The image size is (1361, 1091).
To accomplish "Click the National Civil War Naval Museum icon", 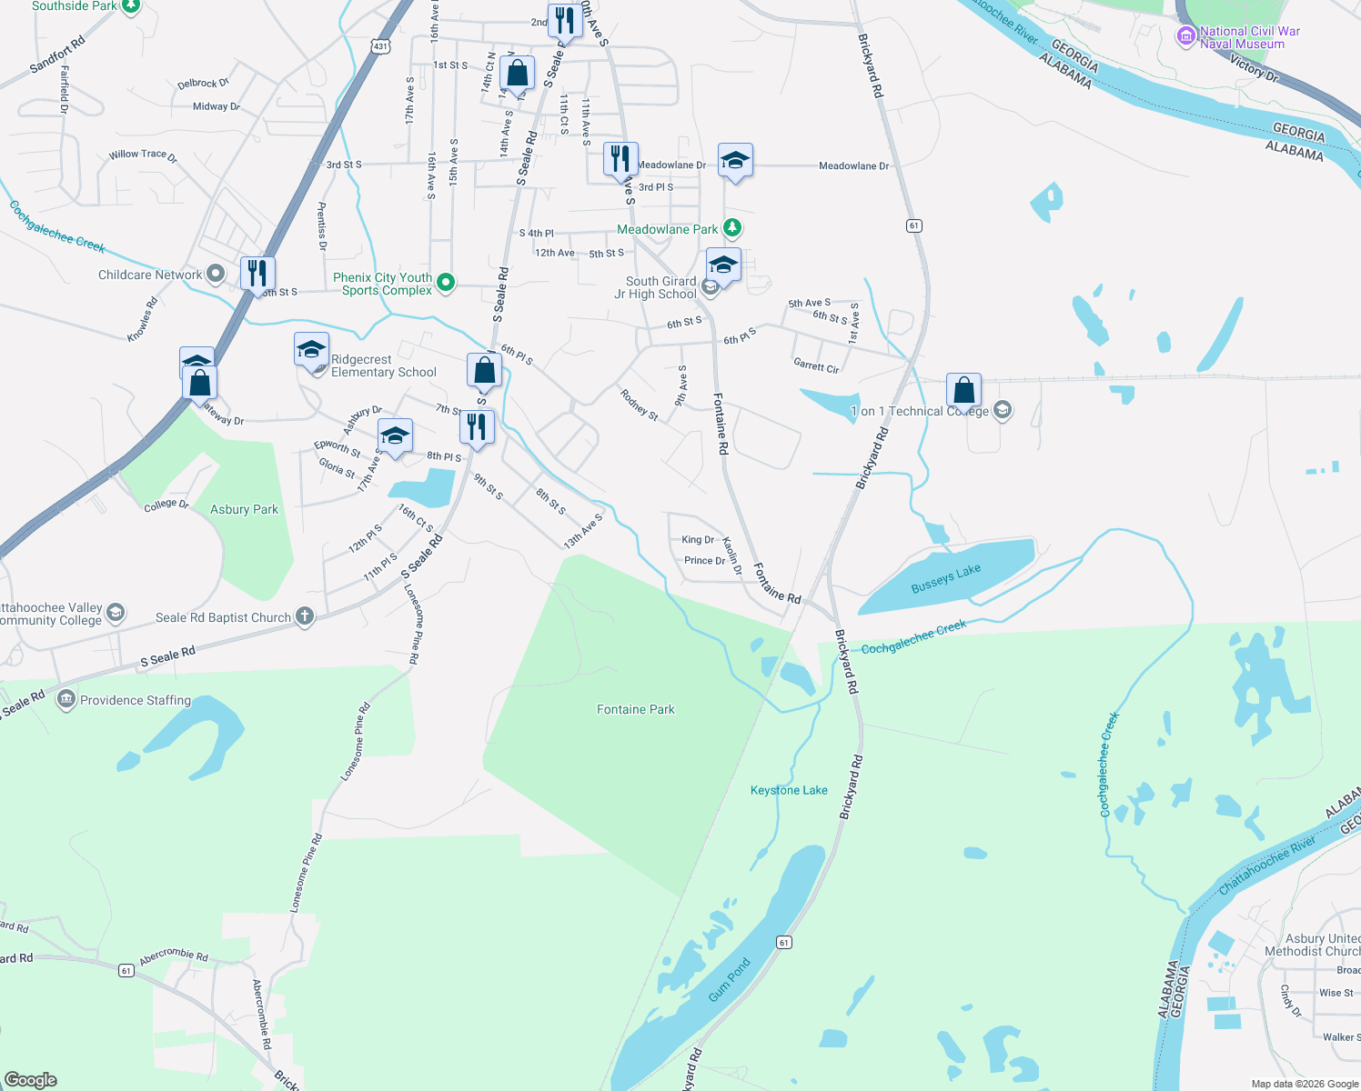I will tap(1185, 36).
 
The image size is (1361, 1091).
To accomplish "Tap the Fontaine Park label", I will tap(635, 709).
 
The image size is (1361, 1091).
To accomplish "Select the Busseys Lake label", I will tap(946, 578).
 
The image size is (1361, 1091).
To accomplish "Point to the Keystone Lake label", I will tap(789, 790).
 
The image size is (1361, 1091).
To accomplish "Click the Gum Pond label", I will tap(730, 979).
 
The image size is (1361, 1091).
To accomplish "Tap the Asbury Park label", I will tap(244, 509).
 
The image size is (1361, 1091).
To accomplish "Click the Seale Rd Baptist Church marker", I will tap(305, 617).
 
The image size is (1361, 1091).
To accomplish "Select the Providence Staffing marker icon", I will tap(66, 699).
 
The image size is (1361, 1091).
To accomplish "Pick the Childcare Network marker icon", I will tap(215, 274).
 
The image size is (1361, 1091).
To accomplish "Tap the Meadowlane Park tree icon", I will tap(732, 228).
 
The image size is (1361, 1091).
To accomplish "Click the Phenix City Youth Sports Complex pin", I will tap(446, 283).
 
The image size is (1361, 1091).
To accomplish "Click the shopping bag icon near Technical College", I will tap(963, 390).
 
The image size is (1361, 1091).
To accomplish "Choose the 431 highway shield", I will tap(380, 45).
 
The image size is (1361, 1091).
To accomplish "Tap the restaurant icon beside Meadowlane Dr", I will tap(620, 159).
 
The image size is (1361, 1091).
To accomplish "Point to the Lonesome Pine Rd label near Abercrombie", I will tap(307, 873).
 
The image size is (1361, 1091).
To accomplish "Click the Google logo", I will tap(31, 1080).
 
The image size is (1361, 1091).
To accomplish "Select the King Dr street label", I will tap(698, 540).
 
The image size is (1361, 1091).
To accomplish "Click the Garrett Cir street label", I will tap(816, 365).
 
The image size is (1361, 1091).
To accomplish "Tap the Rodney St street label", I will tap(639, 404).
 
